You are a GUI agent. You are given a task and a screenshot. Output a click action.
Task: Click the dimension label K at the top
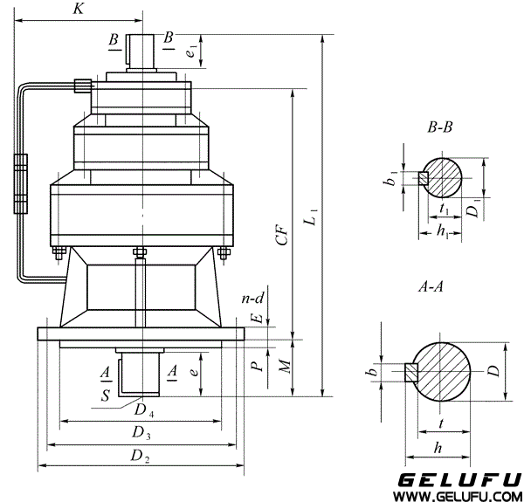pos(79,9)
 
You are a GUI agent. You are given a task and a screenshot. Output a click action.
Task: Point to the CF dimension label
pos(283,235)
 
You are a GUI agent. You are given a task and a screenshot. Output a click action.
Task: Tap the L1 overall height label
pos(312,217)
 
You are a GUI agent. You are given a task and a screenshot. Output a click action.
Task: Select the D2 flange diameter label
pos(140,456)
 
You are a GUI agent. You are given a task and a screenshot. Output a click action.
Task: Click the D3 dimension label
pos(141,433)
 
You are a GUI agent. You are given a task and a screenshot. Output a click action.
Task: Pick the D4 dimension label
pos(144,410)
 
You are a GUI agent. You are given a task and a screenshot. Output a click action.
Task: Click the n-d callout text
pos(252,299)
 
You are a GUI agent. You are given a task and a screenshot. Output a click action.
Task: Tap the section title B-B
pos(440,127)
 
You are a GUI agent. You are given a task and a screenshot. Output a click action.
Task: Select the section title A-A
pos(431,286)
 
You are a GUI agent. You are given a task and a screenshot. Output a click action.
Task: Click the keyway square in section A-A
pos(411,372)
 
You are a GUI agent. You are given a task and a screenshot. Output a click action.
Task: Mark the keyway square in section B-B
pos(424,178)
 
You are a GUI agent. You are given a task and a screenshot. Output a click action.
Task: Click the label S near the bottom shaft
pos(106,395)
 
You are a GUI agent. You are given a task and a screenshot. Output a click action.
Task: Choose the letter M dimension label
pos(285,367)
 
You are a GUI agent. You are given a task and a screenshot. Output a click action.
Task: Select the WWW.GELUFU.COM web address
pos(457,496)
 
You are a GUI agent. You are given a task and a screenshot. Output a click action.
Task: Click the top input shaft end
pos(140,52)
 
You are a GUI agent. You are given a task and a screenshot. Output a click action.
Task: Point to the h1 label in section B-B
pos(443,231)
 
